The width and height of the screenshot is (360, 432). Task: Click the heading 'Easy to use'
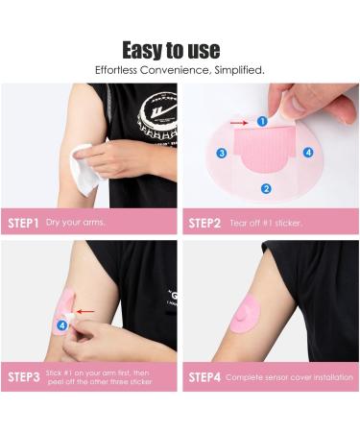(180, 49)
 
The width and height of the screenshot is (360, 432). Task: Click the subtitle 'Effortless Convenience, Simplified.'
(180, 70)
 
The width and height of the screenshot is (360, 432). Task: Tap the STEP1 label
(23, 223)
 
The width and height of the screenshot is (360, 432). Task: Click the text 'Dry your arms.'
(75, 223)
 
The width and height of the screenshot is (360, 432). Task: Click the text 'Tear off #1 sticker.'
(266, 223)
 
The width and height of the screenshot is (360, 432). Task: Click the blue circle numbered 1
(262, 122)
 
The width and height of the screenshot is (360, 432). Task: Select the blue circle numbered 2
(266, 189)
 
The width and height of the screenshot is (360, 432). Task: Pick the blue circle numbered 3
(221, 153)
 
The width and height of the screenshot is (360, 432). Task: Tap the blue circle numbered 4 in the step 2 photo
(308, 152)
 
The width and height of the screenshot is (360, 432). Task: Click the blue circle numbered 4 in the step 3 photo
(61, 325)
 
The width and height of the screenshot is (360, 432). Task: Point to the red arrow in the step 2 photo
(244, 122)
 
